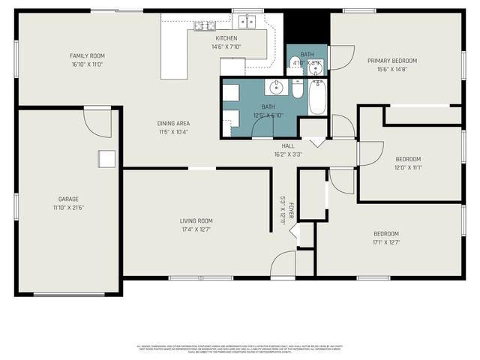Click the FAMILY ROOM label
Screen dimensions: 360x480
pyautogui.click(x=88, y=55)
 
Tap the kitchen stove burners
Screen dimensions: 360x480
pyautogui.click(x=203, y=26)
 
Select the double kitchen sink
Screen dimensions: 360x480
pyautogui.click(x=247, y=21)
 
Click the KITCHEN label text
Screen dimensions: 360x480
pyautogui.click(x=226, y=38)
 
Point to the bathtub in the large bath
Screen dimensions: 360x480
pyautogui.click(x=317, y=97)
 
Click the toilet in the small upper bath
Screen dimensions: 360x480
pyautogui.click(x=317, y=70)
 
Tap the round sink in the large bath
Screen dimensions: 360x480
pyautogui.click(x=277, y=87)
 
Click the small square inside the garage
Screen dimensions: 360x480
pyautogui.click(x=106, y=159)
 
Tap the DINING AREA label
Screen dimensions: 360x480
pyautogui.click(x=172, y=123)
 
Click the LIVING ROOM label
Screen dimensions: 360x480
pyautogui.click(x=196, y=220)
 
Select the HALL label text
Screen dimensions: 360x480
pyautogui.click(x=288, y=146)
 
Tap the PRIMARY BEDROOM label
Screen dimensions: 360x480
pyautogui.click(x=391, y=61)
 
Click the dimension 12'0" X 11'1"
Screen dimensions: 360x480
pyautogui.click(x=408, y=167)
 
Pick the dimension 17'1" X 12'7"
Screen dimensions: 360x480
pyautogui.click(x=386, y=242)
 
